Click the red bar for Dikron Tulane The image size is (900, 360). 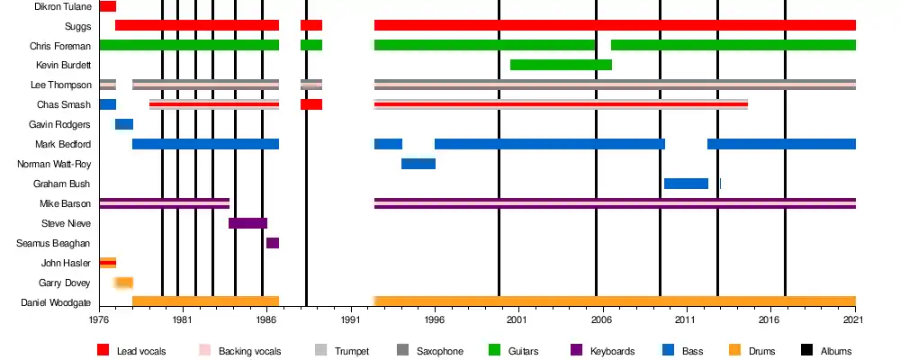[107, 6]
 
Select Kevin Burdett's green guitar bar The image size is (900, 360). [561, 65]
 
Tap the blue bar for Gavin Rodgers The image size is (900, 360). [124, 124]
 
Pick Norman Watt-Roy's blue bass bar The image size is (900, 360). [418, 164]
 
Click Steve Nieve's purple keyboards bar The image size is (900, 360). [248, 223]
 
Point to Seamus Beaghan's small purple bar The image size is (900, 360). [273, 243]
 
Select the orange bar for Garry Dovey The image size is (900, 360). [123, 283]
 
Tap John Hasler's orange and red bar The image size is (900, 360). [108, 263]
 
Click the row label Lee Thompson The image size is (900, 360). [61, 85]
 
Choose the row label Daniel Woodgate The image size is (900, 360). [56, 302]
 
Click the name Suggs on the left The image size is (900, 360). [78, 26]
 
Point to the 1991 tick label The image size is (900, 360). [350, 317]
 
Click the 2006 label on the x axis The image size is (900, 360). [602, 317]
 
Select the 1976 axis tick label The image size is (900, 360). [99, 317]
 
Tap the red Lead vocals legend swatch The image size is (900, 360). [103, 350]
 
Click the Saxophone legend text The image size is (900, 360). [440, 351]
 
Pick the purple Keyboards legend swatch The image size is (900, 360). [577, 350]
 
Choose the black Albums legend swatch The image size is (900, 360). [806, 350]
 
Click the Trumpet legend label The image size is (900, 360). [351, 351]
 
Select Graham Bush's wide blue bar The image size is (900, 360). [686, 184]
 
